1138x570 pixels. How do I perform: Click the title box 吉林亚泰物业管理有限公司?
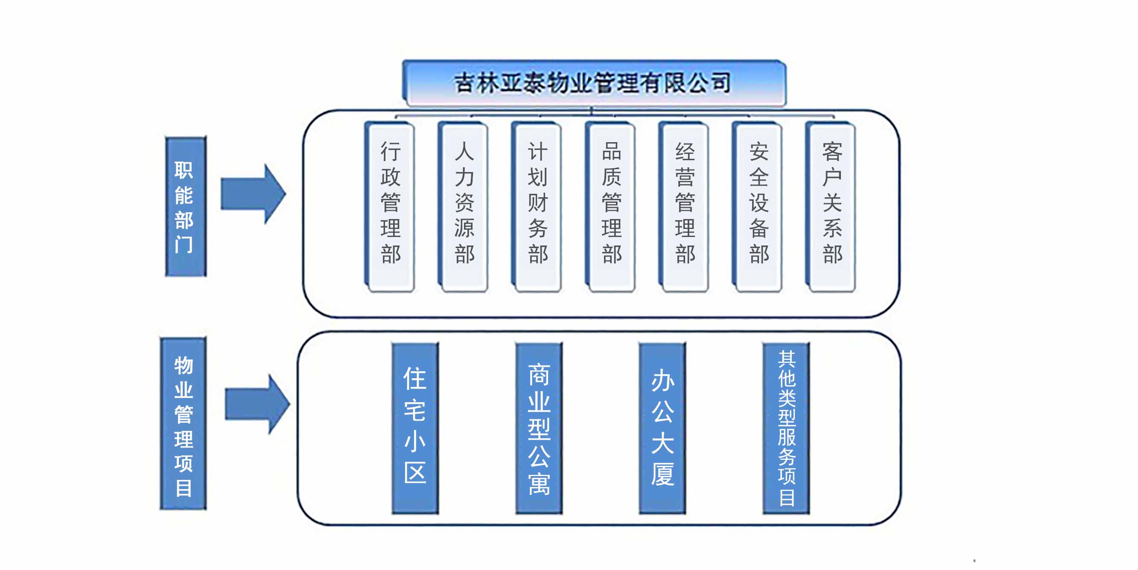[x=593, y=83]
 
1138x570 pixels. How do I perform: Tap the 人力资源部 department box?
[x=464, y=207]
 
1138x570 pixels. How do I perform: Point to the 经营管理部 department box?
[x=685, y=207]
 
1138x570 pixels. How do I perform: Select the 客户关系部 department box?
[x=832, y=207]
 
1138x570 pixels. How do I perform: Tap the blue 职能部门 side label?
[x=186, y=207]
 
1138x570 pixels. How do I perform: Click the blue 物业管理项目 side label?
[x=183, y=423]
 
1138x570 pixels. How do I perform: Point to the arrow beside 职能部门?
[x=253, y=193]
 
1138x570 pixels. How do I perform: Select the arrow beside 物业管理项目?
[x=257, y=404]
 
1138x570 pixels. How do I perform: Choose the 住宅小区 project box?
[x=415, y=428]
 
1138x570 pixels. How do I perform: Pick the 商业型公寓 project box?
[x=539, y=428]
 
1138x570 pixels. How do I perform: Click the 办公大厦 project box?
[x=662, y=428]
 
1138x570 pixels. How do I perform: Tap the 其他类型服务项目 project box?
[x=786, y=428]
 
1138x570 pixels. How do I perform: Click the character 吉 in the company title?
[x=464, y=83]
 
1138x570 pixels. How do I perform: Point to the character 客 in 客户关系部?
[x=832, y=152]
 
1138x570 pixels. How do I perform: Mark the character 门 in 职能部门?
[x=184, y=244]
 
